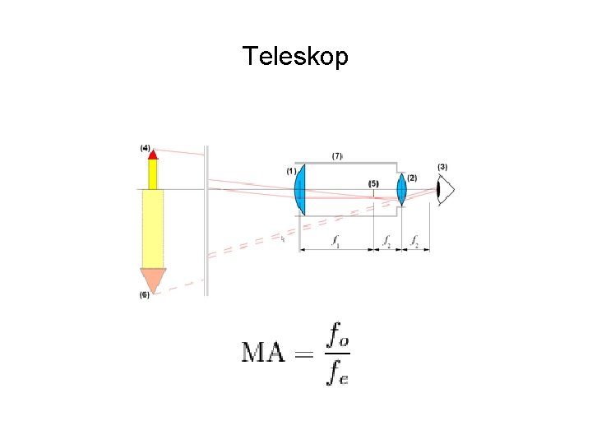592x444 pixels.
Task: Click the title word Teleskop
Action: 295,57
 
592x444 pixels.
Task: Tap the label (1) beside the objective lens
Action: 291,171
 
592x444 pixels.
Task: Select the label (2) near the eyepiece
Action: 412,178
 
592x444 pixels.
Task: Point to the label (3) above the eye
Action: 442,167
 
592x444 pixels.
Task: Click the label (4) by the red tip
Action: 146,148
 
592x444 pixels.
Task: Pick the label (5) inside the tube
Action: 374,184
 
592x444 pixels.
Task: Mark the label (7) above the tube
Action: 337,155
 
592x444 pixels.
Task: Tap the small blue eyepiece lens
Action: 402,189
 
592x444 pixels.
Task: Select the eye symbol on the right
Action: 445,191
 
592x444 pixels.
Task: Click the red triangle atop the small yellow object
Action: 153,155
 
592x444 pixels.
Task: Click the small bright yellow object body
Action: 153,174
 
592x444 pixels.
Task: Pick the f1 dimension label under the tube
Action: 335,241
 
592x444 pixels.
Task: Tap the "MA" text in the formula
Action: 263,354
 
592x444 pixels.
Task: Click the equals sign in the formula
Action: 304,355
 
